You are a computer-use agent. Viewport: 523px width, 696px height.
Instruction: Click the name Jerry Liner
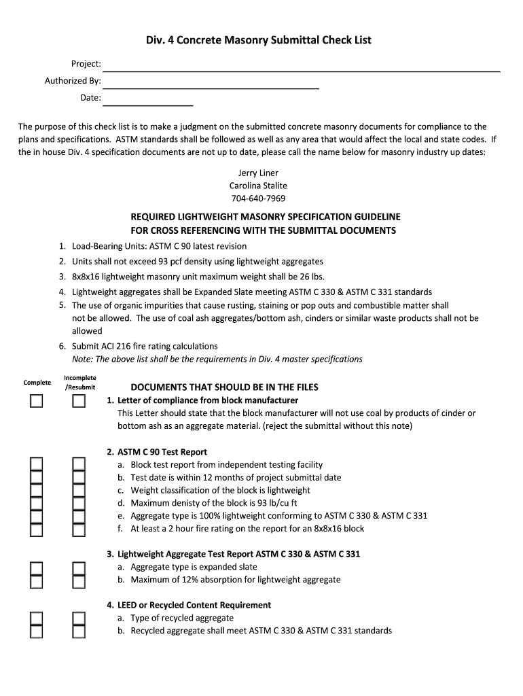(x=258, y=173)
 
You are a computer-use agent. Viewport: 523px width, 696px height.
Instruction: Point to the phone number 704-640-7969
(x=258, y=198)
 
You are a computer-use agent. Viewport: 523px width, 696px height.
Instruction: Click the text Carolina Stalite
(x=258, y=186)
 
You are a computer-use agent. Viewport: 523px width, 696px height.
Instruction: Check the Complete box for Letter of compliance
(x=36, y=401)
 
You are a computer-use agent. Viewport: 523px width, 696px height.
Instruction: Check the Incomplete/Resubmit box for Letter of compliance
(x=79, y=401)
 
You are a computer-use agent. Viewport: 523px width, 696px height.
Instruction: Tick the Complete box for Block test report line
(x=36, y=465)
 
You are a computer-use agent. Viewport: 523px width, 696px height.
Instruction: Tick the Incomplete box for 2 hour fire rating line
(x=79, y=529)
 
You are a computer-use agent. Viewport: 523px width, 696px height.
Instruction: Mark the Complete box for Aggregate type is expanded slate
(x=36, y=568)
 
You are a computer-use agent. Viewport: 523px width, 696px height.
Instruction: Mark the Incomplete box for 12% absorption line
(x=79, y=580)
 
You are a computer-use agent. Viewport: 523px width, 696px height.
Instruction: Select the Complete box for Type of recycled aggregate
(x=36, y=619)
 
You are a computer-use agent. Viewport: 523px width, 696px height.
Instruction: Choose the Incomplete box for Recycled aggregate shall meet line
(x=79, y=631)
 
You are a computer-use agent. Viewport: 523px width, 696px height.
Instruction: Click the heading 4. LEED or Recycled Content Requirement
(x=189, y=605)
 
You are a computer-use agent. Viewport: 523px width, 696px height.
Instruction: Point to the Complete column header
(x=37, y=383)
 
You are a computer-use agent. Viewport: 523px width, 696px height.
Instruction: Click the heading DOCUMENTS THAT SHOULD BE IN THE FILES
(x=224, y=387)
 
